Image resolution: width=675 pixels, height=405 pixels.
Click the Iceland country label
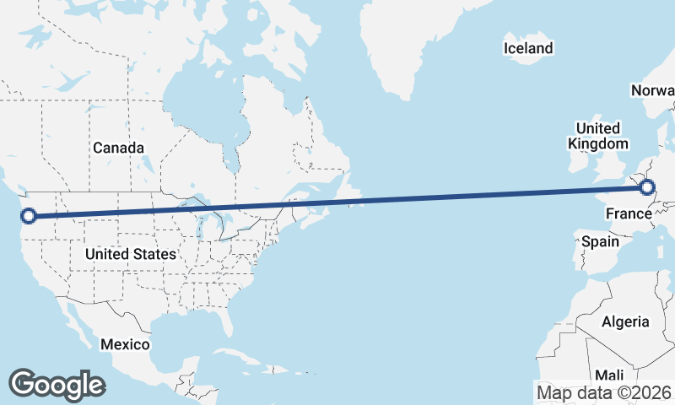[528, 48]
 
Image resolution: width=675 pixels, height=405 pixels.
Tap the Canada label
[118, 148]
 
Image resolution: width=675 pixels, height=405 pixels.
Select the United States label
[131, 253]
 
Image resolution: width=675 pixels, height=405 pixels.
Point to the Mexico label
[125, 344]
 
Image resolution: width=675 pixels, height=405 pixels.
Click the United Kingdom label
[597, 136]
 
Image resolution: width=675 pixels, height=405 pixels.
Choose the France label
[629, 214]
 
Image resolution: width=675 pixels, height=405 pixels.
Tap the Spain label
[599, 241]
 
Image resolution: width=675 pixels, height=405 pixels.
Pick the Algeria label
[625, 321]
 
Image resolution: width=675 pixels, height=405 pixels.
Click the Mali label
[609, 375]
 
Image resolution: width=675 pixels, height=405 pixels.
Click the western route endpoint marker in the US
[29, 216]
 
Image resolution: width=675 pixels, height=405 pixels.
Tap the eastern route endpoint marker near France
[647, 187]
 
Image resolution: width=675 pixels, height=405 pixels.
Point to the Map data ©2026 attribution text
[604, 392]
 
